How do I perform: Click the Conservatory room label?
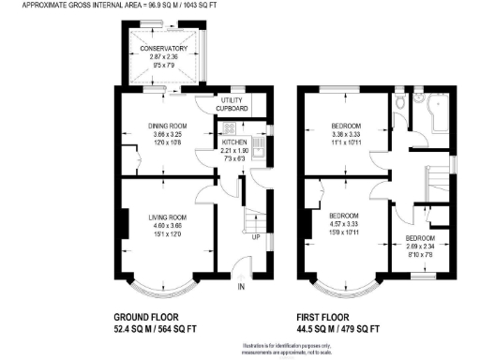tap(165, 49)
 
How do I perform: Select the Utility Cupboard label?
tap(232, 104)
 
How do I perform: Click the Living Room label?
tap(165, 217)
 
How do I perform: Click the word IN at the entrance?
tap(241, 286)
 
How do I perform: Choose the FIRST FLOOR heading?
tap(329, 317)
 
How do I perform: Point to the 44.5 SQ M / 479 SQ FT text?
tap(338, 329)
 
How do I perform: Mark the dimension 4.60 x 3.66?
tap(165, 226)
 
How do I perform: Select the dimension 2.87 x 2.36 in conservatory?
tap(165, 58)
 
